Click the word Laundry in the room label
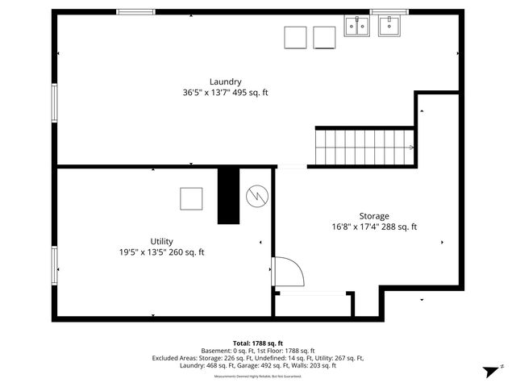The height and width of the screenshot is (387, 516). pyautogui.click(x=225, y=81)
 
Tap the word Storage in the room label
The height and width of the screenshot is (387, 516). pyautogui.click(x=374, y=216)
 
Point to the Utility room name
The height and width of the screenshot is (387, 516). pyautogui.click(x=161, y=241)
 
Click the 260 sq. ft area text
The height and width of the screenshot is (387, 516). pyautogui.click(x=185, y=252)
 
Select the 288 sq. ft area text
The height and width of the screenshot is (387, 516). pyautogui.click(x=397, y=227)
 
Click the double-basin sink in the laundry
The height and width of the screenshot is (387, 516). pyautogui.click(x=356, y=27)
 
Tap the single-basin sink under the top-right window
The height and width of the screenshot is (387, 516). pyautogui.click(x=390, y=27)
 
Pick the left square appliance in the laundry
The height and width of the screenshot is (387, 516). pyautogui.click(x=295, y=38)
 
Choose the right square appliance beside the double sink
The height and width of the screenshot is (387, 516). pyautogui.click(x=324, y=38)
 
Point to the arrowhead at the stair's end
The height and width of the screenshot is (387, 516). pyautogui.click(x=411, y=148)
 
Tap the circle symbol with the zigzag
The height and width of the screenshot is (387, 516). pyautogui.click(x=256, y=194)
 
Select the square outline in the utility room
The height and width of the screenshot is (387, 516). pyautogui.click(x=191, y=198)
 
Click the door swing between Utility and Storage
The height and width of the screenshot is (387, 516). pyautogui.click(x=286, y=272)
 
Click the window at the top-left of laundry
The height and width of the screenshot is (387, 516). pyautogui.click(x=135, y=11)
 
